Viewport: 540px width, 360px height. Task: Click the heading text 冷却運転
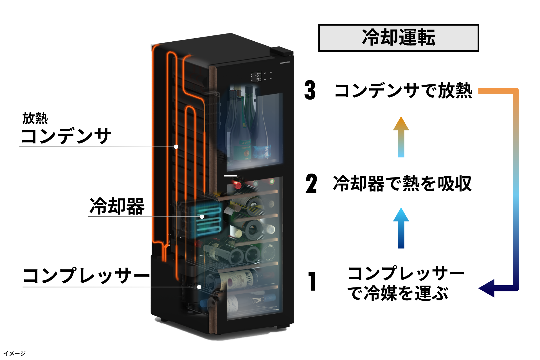click(x=399, y=38)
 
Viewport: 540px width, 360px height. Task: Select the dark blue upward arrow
click(x=401, y=228)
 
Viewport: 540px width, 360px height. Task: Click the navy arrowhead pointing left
click(x=487, y=288)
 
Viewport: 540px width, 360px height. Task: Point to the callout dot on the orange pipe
click(x=176, y=147)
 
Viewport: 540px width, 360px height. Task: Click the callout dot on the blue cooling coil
click(x=202, y=217)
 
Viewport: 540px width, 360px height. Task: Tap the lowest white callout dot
click(x=199, y=287)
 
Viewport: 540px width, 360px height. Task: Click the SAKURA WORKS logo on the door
click(x=284, y=63)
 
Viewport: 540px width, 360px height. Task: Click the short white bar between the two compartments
click(x=231, y=176)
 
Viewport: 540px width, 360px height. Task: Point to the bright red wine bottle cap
click(x=238, y=185)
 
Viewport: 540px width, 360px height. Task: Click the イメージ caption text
click(x=15, y=353)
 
